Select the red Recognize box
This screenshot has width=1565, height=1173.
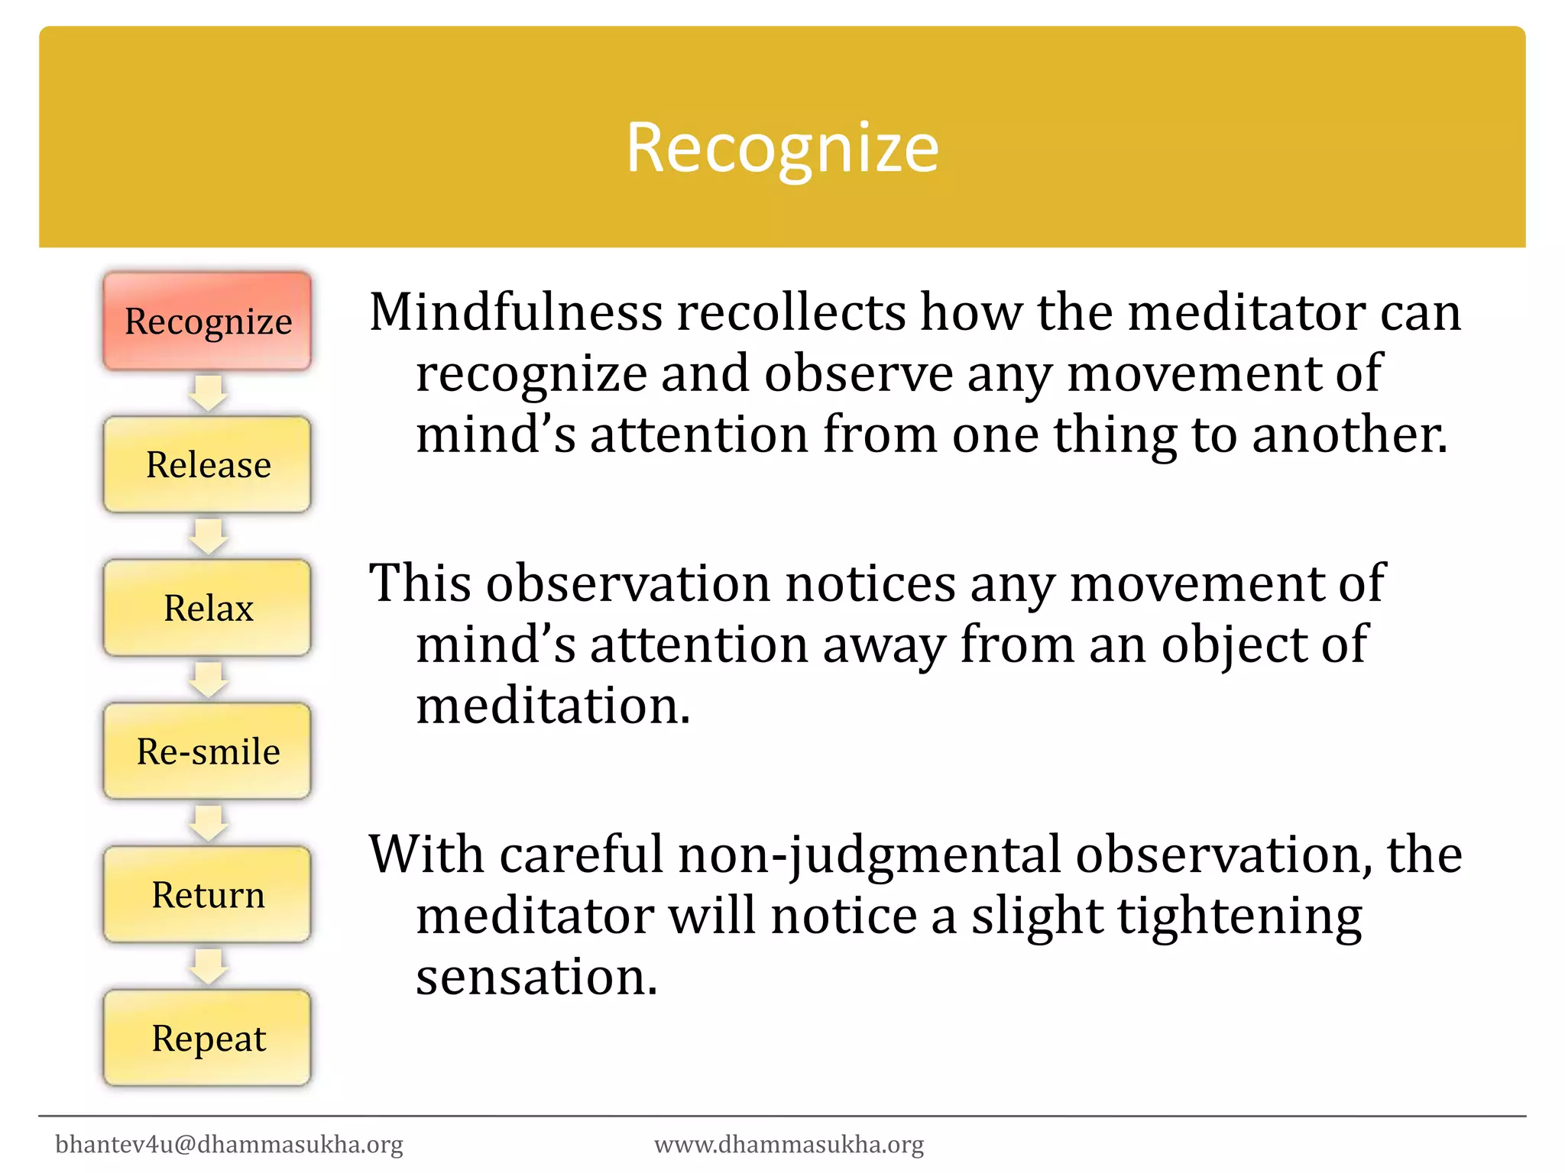pos(207,322)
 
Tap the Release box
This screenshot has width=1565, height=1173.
pos(207,464)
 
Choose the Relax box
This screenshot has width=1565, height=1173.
pos(207,608)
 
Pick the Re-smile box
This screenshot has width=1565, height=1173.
pos(207,751)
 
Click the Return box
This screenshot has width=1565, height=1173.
pos(207,894)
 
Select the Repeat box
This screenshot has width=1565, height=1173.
pos(207,1038)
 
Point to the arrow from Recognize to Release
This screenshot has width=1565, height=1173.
pos(207,393)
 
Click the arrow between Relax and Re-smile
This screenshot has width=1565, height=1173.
pos(207,680)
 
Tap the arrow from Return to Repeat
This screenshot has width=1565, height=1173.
pos(207,966)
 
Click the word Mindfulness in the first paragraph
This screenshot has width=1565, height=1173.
pos(516,312)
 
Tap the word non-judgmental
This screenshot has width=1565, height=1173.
pos(869,855)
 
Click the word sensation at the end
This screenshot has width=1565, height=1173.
pos(535,977)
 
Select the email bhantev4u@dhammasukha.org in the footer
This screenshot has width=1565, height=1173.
pos(229,1144)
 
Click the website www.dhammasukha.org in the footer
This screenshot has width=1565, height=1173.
pos(789,1144)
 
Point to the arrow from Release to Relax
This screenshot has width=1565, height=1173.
pos(207,536)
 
